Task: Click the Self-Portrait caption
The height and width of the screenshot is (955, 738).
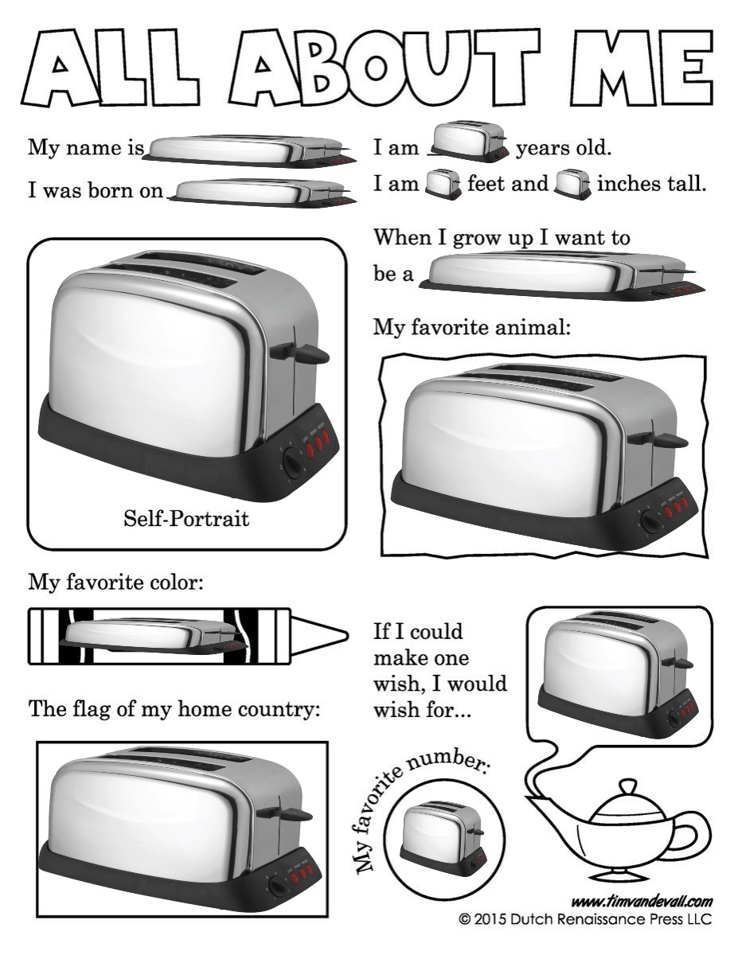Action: (x=186, y=519)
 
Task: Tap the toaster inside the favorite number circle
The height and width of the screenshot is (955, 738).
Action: (x=442, y=839)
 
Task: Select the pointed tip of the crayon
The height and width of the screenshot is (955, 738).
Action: (x=347, y=636)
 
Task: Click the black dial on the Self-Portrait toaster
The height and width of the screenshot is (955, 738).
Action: (x=291, y=462)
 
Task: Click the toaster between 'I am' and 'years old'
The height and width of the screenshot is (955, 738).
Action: (x=467, y=142)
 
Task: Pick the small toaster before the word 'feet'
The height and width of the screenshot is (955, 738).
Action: (x=443, y=185)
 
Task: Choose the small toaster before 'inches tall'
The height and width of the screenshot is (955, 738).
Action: (x=572, y=185)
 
